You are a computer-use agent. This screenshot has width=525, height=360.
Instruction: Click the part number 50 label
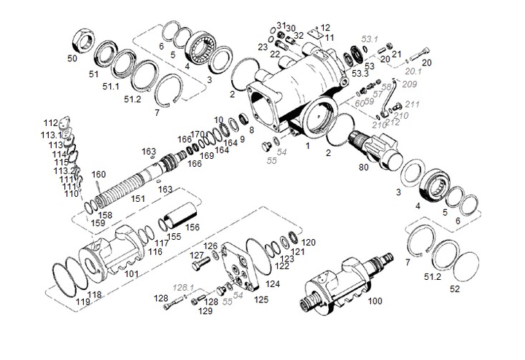point(71,58)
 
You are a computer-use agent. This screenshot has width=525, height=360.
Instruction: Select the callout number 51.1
point(111,86)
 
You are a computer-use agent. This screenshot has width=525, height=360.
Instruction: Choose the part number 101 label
point(131,274)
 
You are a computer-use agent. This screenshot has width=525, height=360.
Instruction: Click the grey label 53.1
point(370,38)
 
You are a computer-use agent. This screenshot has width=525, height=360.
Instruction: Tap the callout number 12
point(324,27)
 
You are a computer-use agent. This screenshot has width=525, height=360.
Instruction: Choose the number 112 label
point(50,122)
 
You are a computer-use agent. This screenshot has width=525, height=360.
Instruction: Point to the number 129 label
point(206,311)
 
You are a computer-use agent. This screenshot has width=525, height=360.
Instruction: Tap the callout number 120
point(308,242)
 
